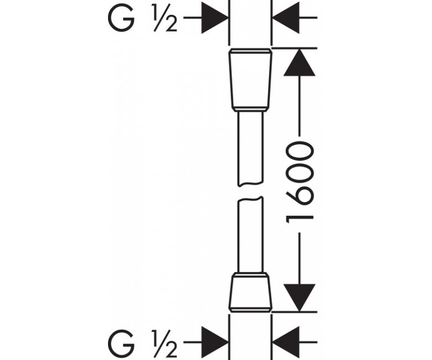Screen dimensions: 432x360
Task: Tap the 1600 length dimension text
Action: (300, 182)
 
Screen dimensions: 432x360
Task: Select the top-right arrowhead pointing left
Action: (286, 18)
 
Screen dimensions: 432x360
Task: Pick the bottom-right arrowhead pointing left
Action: (286, 342)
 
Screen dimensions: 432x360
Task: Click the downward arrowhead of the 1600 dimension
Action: (299, 298)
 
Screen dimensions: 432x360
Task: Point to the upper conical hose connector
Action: (250, 80)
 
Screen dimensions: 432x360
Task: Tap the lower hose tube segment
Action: (250, 235)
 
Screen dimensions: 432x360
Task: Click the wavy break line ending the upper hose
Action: (250, 184)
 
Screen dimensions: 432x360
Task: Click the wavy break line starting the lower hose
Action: (250, 199)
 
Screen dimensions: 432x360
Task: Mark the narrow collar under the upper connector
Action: (250, 109)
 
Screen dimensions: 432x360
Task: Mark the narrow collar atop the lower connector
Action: (250, 275)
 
